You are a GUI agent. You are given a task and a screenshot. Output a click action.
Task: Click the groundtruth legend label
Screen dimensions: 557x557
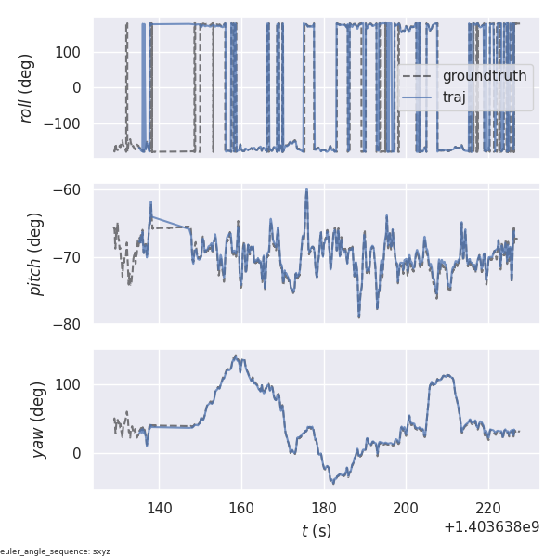[x=484, y=75]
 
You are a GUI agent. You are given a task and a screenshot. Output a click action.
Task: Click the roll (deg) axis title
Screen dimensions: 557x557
[x=27, y=88]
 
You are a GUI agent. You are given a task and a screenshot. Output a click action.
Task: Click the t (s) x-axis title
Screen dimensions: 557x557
[x=316, y=531]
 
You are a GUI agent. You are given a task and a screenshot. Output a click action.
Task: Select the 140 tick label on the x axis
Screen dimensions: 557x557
[x=160, y=508]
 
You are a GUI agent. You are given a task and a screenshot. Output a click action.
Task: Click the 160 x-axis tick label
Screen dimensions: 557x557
[x=241, y=508]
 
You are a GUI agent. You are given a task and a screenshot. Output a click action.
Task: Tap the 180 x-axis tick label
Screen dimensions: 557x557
[x=324, y=508]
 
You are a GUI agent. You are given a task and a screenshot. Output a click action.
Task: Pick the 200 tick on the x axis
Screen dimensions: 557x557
[x=406, y=508]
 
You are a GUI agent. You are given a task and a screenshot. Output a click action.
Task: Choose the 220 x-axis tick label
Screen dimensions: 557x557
[x=488, y=508]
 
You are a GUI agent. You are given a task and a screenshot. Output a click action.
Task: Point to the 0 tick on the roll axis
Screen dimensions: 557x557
[x=77, y=88]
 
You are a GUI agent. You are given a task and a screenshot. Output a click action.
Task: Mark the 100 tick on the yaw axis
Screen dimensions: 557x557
[x=69, y=385]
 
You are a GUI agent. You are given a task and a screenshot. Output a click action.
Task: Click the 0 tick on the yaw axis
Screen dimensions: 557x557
[x=77, y=453]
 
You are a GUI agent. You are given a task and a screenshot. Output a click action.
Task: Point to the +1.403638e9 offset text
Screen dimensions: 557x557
[x=491, y=527]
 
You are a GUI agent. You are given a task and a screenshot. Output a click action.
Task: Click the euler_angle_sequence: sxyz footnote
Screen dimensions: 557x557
[x=56, y=551]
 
